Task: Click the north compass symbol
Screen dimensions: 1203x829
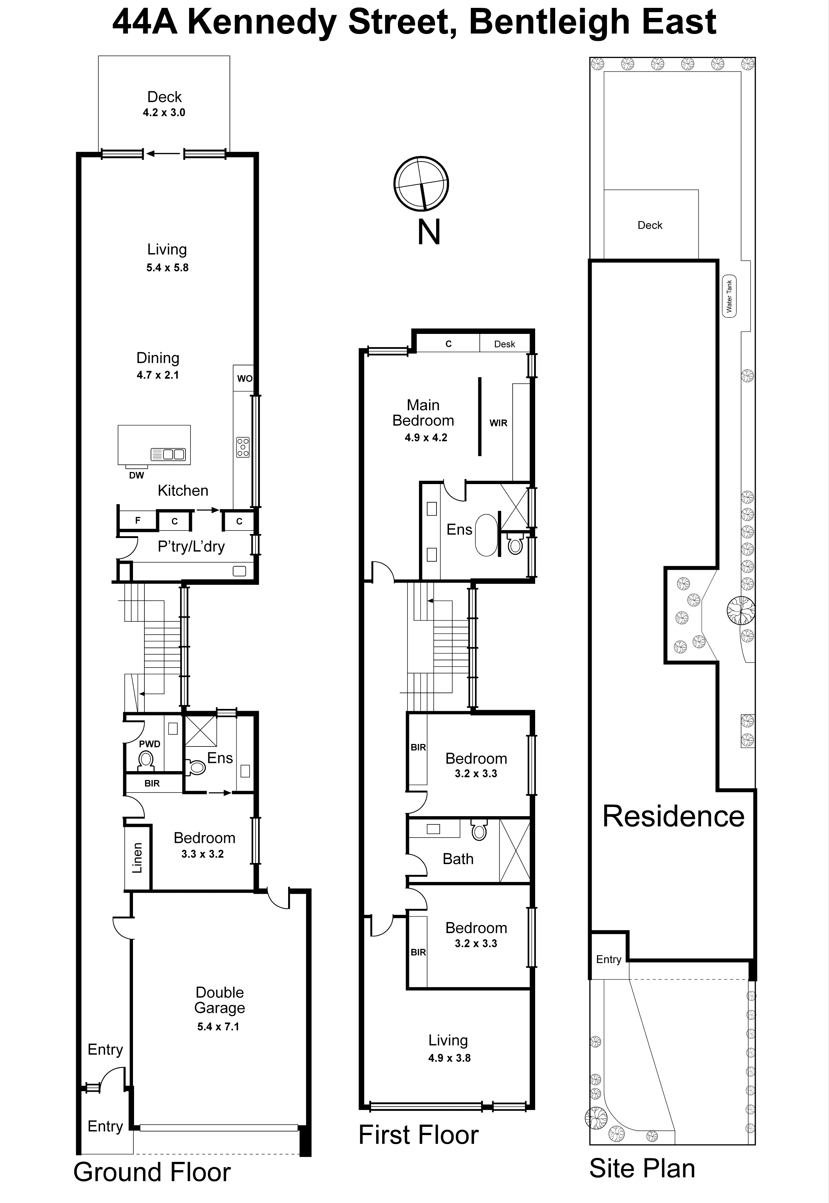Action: point(421,183)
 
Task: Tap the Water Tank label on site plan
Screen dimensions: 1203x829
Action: point(729,296)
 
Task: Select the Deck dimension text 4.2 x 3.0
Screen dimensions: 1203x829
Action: point(164,112)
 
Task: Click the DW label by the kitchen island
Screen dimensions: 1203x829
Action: point(137,475)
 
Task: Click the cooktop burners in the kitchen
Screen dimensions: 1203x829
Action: point(243,447)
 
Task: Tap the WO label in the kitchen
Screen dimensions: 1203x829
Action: point(244,378)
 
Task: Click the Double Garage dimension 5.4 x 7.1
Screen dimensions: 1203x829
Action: point(218,1026)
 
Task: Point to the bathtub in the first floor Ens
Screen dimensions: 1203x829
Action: point(486,535)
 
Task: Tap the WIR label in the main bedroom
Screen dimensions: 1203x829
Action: point(498,423)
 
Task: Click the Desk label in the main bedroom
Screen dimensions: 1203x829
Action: point(504,344)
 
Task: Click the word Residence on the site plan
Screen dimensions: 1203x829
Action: point(673,816)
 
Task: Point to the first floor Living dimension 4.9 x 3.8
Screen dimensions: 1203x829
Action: point(449,1058)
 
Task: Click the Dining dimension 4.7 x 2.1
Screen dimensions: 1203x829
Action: point(158,375)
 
